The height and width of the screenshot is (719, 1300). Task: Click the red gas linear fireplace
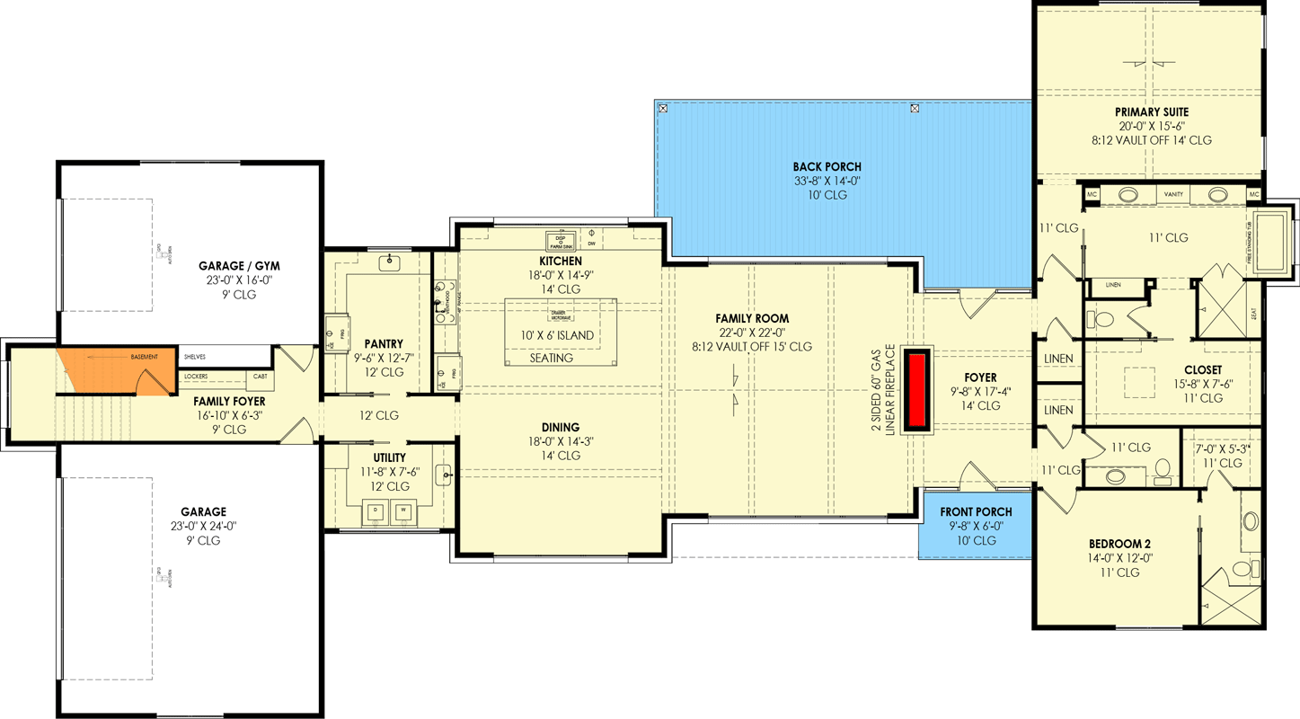917,391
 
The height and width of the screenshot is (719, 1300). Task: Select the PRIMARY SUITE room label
1153,112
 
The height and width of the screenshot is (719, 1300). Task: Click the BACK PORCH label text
827,166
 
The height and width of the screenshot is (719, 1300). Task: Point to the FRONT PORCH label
976,512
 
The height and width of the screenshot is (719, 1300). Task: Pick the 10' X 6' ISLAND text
558,335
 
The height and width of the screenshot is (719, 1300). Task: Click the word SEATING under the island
552,358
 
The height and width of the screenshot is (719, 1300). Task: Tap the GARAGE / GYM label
239,266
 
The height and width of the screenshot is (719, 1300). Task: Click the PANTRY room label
384,343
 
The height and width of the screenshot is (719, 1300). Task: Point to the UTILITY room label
389,457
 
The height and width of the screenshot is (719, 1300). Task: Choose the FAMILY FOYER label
229,402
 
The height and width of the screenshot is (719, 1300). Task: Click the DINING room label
561,428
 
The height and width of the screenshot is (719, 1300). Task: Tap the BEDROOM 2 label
1119,544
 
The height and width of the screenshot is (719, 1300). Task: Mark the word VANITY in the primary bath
1173,194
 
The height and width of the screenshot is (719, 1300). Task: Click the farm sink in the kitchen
561,241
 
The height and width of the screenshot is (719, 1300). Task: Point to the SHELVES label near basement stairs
195,357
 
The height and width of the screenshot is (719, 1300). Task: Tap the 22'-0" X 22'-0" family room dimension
751,333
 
